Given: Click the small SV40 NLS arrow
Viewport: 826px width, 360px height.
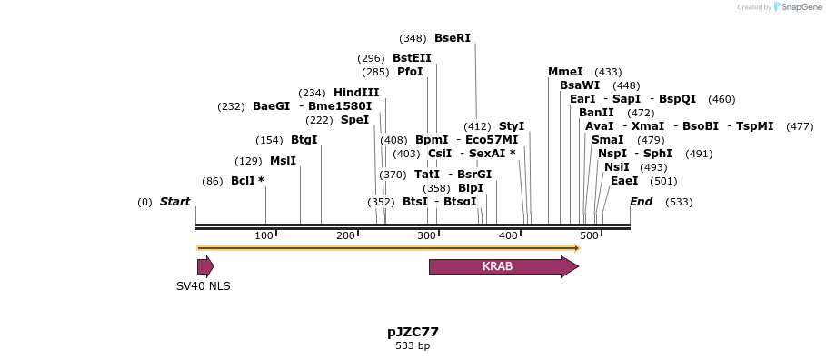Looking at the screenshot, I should coord(205,266).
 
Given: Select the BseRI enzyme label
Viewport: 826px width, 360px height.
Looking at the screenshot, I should coord(453,38).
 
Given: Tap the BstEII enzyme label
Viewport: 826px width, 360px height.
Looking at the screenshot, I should coord(412,58).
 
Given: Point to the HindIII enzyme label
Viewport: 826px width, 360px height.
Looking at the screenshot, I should coord(356,93).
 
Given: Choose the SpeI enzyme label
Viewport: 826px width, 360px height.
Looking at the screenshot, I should coord(354,120).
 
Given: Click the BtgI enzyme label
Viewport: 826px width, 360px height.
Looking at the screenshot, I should coord(304,140).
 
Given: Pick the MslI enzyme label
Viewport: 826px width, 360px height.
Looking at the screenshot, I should coord(283,161).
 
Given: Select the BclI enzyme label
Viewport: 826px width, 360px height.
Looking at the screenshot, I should coord(243,181).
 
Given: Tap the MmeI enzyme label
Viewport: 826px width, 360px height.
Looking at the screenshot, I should coord(565,72).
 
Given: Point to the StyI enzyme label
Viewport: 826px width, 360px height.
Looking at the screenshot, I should coord(512,126).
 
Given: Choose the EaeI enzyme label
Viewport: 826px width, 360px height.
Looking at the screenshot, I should coord(624,181).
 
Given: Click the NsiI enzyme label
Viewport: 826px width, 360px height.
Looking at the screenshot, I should coord(617,167).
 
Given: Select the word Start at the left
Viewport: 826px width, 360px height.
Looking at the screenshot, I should coord(174,202).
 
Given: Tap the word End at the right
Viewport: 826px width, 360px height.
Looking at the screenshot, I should coord(641,202).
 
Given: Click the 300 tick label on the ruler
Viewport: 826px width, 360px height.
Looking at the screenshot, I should coord(426,236).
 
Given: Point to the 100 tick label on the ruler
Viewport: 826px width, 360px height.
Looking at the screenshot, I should coord(264,236).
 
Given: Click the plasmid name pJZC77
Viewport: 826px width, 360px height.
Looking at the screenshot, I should coord(413,332).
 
